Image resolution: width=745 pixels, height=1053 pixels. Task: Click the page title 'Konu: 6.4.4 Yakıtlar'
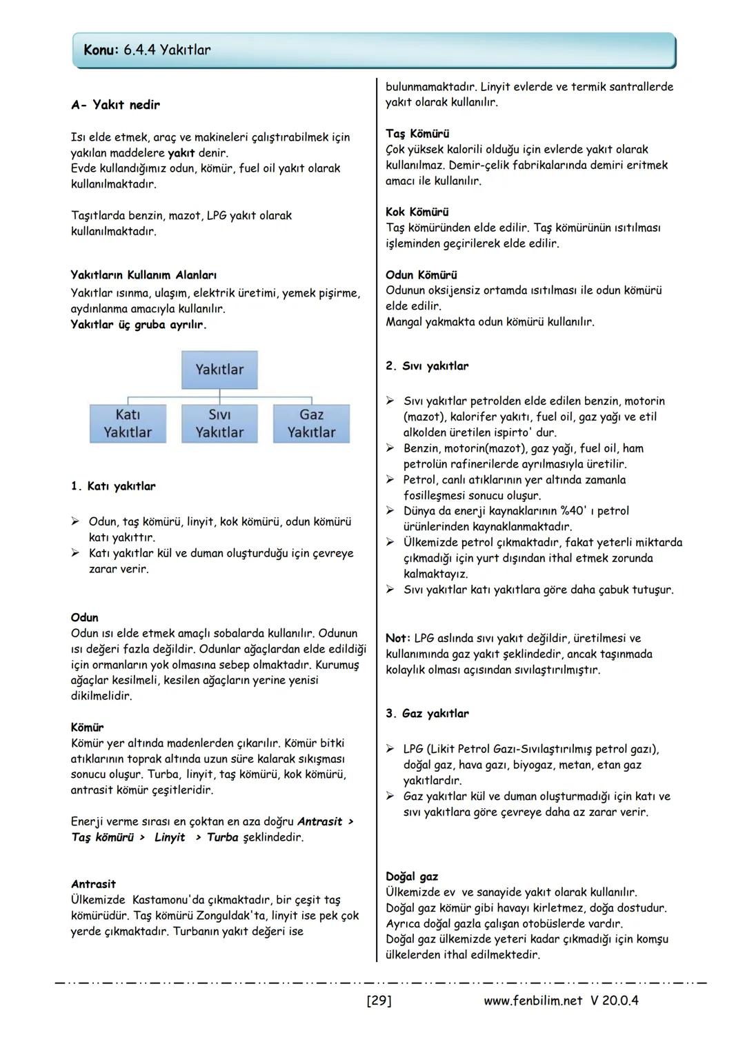click(x=147, y=50)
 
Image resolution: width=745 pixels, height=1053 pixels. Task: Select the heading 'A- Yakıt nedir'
click(x=115, y=105)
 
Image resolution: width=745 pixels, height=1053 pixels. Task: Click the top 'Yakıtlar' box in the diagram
click(x=219, y=370)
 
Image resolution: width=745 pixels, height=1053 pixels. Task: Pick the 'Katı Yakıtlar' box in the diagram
click(x=128, y=423)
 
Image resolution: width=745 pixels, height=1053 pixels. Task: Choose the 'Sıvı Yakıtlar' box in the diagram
click(x=219, y=423)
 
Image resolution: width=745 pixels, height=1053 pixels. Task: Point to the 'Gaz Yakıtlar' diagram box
click(x=311, y=423)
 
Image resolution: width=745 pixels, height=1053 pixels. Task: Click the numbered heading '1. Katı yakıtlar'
click(x=113, y=486)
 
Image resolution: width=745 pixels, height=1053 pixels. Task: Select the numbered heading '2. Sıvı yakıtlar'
click(x=427, y=366)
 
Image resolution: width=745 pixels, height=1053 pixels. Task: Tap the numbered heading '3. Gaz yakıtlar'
click(x=427, y=714)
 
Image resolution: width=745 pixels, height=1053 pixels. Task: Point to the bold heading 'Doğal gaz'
click(x=412, y=876)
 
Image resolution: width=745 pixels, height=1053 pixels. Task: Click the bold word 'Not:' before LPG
click(x=398, y=638)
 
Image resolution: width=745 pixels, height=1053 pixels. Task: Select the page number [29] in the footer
click(x=379, y=1001)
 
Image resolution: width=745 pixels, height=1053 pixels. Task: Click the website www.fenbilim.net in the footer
click(x=533, y=1001)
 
